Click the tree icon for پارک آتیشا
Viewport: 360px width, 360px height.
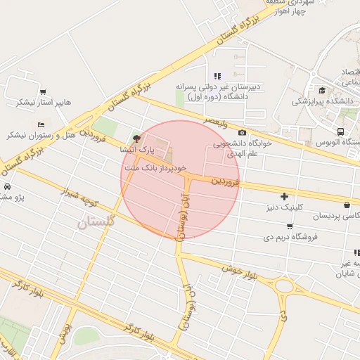[136, 138]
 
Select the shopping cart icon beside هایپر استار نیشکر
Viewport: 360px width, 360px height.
[44, 91]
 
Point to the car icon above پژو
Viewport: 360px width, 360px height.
[6, 187]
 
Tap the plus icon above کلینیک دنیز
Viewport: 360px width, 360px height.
[284, 196]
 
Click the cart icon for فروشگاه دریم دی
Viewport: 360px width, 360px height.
[290, 226]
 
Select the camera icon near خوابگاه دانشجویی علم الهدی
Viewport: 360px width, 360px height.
[243, 133]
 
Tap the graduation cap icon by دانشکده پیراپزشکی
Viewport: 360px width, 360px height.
[322, 90]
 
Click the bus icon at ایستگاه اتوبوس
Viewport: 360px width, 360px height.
[341, 131]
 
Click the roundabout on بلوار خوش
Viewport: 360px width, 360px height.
[285, 286]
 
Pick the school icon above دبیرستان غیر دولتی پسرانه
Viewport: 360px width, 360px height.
[217, 76]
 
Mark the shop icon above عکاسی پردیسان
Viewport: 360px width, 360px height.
[347, 205]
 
